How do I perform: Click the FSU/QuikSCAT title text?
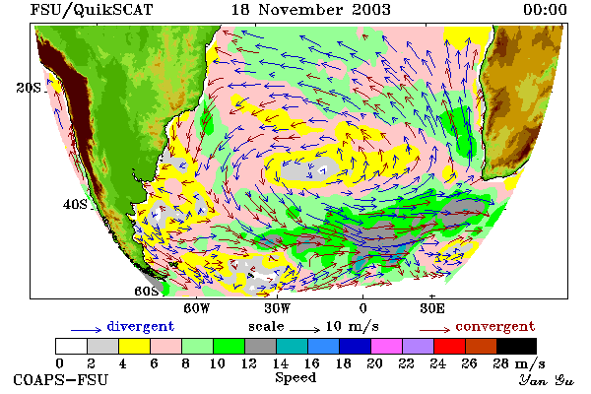point(92,10)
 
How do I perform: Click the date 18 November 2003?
point(311,10)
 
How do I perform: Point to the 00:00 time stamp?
point(545,10)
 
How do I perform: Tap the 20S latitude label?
point(29,88)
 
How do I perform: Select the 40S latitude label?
point(75,204)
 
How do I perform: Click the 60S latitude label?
point(147,292)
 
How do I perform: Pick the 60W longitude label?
point(197,308)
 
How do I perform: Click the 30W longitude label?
point(278,308)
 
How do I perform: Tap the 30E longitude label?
point(432,308)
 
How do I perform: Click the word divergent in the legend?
point(141,326)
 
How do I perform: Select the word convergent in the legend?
point(495,326)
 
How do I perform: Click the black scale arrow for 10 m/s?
point(305,330)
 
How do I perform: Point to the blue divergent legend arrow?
point(87,330)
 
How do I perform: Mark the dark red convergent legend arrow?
point(434,330)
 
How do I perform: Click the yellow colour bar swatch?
point(134,346)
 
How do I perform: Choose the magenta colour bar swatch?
point(386,346)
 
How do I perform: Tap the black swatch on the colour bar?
point(516,346)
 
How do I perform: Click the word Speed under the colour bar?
point(295,378)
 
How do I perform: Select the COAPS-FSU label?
point(61,379)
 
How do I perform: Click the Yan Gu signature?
point(547,380)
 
